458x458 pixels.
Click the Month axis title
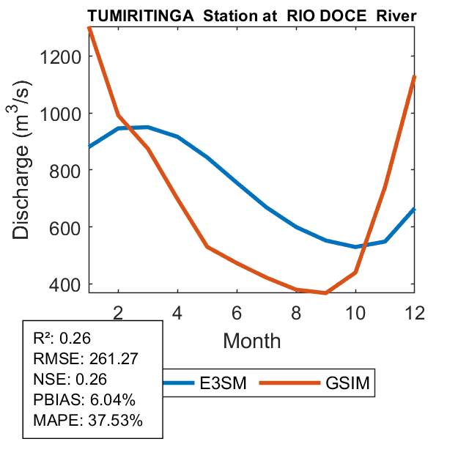[252, 340]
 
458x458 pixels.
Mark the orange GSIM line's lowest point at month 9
[326, 293]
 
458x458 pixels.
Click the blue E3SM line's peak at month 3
[147, 127]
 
